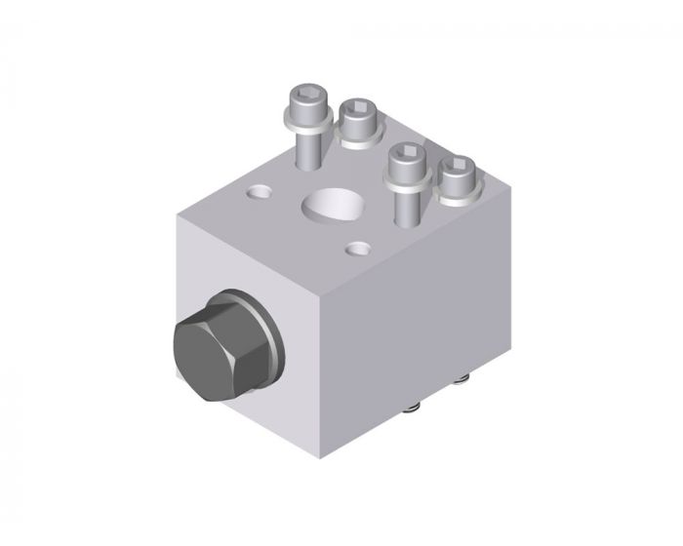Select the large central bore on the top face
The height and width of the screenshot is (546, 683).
tap(333, 205)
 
